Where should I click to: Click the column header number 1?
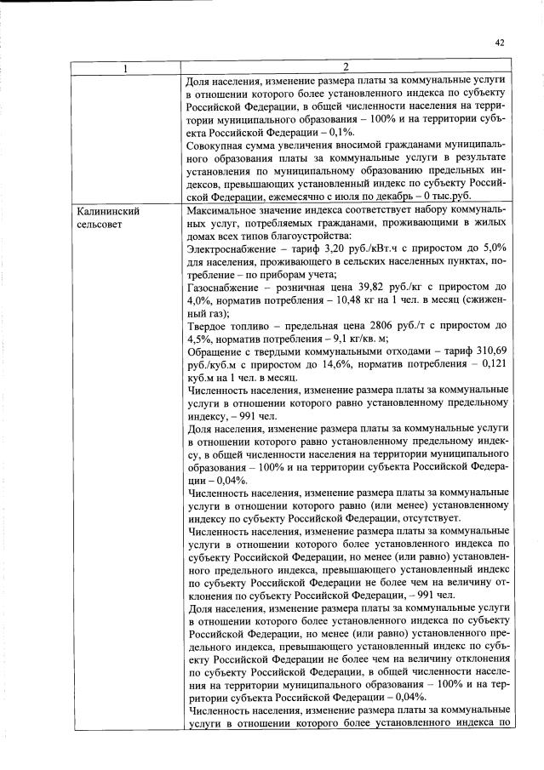click(x=125, y=67)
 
